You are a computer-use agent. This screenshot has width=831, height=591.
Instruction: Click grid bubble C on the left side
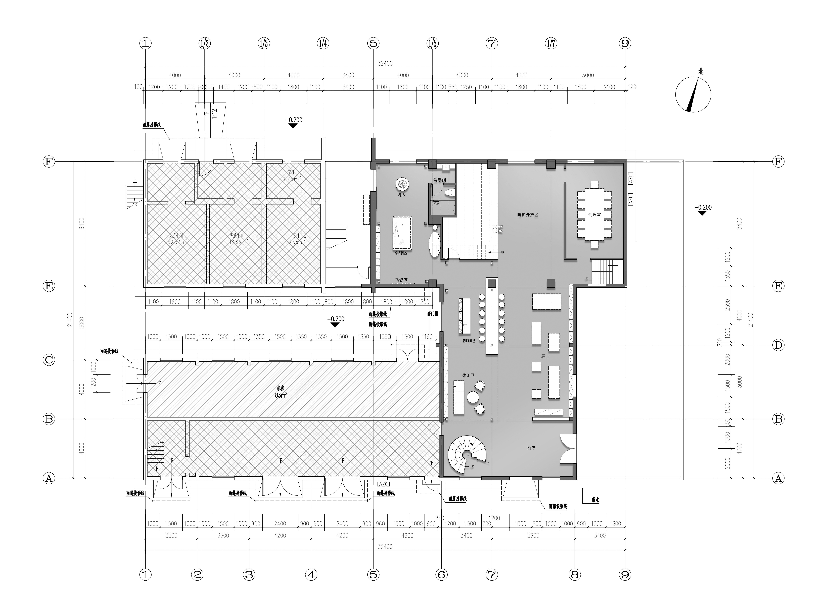[x=49, y=360]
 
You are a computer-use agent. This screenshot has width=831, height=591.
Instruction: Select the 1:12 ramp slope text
[x=214, y=114]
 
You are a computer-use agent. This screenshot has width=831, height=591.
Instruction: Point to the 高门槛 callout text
[x=432, y=313]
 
